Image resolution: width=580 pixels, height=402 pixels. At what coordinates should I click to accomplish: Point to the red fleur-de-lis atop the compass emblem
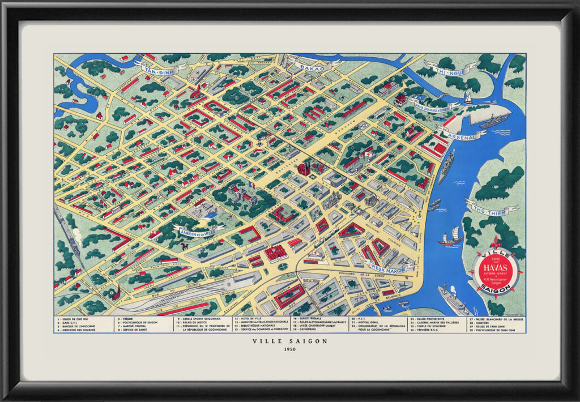point(496,242)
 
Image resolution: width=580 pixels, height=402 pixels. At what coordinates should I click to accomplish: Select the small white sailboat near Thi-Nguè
point(468,99)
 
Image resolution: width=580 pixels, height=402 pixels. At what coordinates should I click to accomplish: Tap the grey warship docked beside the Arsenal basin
point(494,121)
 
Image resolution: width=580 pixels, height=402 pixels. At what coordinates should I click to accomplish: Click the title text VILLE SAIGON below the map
point(290,341)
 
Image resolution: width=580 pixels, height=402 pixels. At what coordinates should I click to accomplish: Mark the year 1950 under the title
point(290,349)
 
